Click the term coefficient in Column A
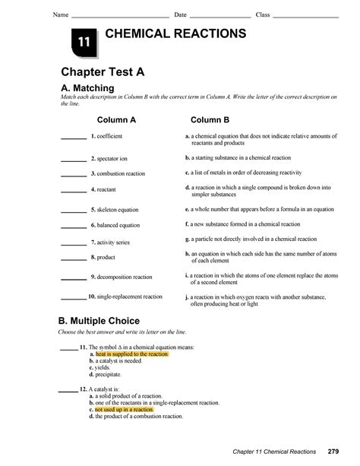pos(107,136)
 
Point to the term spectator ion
pos(110,159)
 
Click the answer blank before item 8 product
pos(73,258)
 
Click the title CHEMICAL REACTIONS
pos(175,34)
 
